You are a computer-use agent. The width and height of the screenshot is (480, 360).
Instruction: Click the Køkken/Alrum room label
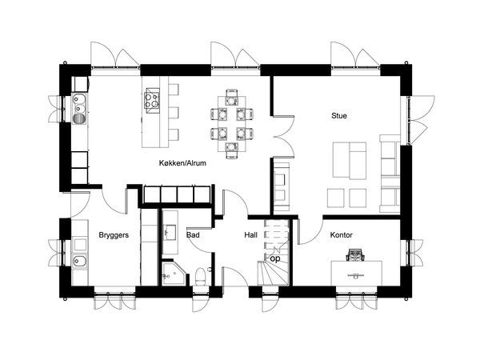pyautogui.click(x=182, y=163)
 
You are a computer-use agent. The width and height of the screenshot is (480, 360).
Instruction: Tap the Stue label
pyautogui.click(x=339, y=116)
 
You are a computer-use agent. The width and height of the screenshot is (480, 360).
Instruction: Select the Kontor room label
pyautogui.click(x=342, y=235)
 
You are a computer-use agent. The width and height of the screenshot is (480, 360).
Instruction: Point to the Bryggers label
pyautogui.click(x=114, y=235)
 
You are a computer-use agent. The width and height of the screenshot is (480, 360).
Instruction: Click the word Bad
pyautogui.click(x=193, y=235)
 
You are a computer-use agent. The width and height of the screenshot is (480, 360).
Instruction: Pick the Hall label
pyautogui.click(x=250, y=235)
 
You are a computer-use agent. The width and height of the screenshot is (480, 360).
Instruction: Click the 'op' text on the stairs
pyautogui.click(x=275, y=259)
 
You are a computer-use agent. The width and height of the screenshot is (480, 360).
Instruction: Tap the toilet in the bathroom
pyautogui.click(x=201, y=275)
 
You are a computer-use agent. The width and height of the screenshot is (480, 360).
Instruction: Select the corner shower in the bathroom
pyautogui.click(x=173, y=273)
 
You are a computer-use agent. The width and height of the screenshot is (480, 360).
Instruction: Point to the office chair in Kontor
pyautogui.click(x=355, y=255)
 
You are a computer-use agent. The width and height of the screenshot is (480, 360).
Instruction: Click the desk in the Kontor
pyautogui.click(x=357, y=274)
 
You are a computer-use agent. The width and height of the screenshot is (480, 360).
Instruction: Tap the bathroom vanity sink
pyautogui.click(x=170, y=233)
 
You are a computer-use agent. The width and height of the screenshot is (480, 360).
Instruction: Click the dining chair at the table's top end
pyautogui.click(x=232, y=94)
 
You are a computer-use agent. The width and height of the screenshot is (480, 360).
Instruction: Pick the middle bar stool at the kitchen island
pyautogui.click(x=174, y=113)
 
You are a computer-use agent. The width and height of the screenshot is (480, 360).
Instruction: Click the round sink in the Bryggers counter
pyautogui.click(x=79, y=261)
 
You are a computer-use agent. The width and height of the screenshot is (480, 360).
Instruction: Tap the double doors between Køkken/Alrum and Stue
pyautogui.click(x=283, y=137)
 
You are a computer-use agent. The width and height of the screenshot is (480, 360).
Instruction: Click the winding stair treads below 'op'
pyautogui.click(x=274, y=274)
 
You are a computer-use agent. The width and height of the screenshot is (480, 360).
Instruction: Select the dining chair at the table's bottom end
pyautogui.click(x=232, y=150)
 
